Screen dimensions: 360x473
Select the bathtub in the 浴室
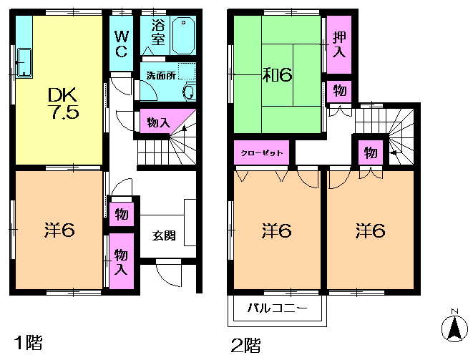184,34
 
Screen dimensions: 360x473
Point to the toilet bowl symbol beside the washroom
189,90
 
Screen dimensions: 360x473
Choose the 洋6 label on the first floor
57,230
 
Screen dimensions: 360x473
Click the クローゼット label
260,153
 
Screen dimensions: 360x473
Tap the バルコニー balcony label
278,309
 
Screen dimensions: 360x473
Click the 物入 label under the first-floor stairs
157,123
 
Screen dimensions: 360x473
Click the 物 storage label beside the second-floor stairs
370,152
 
